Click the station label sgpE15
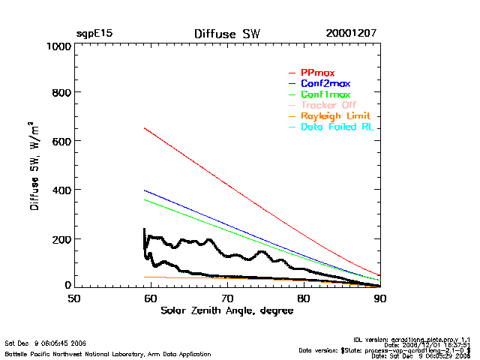tap(94, 34)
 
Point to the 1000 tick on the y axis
tap(57, 46)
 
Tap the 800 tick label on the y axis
tap(60, 93)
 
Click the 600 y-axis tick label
tap(60, 142)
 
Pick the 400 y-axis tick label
tap(60, 190)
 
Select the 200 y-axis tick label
tap(60, 239)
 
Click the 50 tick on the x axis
tap(74, 298)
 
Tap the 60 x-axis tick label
tap(151, 298)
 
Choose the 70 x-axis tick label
tap(227, 298)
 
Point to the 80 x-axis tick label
tap(304, 298)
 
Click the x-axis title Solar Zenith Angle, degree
tap(226, 311)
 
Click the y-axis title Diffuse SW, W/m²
tap(34, 166)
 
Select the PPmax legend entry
tap(317, 73)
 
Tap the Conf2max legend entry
tap(325, 83)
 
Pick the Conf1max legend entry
tap(325, 94)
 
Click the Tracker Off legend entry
tap(328, 105)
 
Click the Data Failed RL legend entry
tap(337, 127)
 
